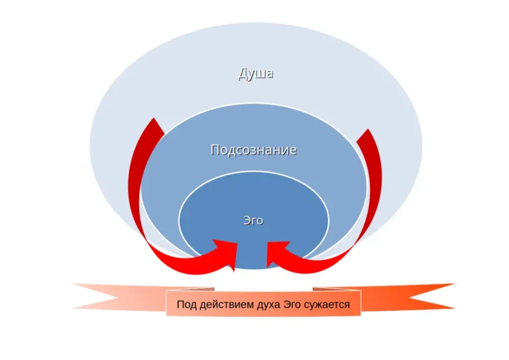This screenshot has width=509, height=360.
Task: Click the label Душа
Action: pyautogui.click(x=256, y=74)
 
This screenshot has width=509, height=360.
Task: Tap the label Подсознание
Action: pyautogui.click(x=253, y=150)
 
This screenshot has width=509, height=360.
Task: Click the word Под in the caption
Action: pyautogui.click(x=187, y=306)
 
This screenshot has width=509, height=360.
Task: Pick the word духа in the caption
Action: pyautogui.click(x=266, y=306)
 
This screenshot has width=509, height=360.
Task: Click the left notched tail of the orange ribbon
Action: pyautogui.click(x=99, y=296)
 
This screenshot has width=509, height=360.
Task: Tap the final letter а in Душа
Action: pyautogui.click(x=269, y=74)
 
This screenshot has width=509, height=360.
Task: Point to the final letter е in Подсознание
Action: pyautogui.click(x=292, y=150)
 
